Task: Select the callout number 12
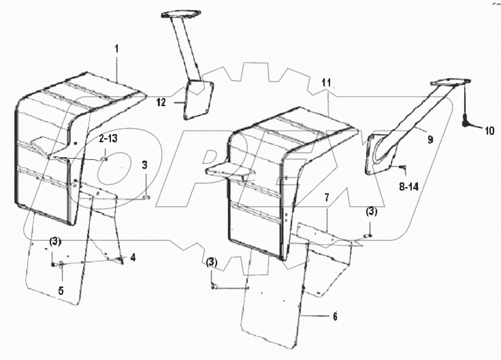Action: (x=159, y=102)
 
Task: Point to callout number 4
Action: (x=133, y=257)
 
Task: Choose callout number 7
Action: (x=327, y=197)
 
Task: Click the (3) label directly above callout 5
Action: (x=55, y=242)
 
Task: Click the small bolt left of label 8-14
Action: (x=402, y=166)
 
